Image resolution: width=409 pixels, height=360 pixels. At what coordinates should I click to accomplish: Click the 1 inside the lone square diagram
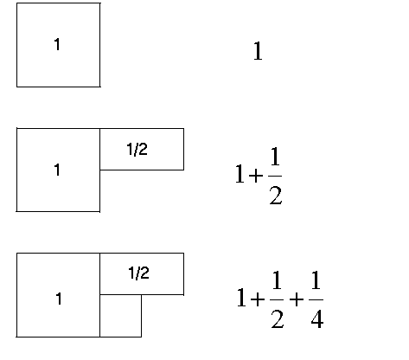57,44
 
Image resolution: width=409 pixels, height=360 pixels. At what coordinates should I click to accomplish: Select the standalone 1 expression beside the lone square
258,51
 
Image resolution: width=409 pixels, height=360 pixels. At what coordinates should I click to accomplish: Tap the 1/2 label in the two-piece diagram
137,149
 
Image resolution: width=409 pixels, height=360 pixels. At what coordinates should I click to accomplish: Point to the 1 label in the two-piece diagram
57,170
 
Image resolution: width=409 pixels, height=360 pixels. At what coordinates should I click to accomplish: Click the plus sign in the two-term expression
256,175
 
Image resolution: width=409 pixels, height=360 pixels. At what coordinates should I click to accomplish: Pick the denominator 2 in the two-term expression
276,196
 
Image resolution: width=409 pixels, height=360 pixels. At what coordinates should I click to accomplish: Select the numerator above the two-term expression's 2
275,156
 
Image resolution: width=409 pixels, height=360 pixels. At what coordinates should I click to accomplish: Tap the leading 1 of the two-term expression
240,174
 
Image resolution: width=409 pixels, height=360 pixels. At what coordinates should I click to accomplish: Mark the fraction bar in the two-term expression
275,176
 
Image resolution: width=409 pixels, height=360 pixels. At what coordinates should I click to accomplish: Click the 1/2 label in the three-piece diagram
138,273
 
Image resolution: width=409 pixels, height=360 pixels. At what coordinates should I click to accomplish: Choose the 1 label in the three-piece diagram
59,299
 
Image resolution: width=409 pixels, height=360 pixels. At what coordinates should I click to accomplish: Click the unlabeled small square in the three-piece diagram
121,316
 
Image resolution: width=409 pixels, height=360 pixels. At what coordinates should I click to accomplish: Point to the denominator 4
317,318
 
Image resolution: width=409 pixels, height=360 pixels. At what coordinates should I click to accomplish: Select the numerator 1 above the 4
316,280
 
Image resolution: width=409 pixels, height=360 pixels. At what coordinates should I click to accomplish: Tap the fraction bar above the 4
316,299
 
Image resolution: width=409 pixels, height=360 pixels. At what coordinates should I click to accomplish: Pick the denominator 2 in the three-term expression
278,318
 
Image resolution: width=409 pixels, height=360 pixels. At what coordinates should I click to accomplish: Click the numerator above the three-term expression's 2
277,280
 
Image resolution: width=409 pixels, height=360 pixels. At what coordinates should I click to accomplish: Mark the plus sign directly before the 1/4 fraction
297,299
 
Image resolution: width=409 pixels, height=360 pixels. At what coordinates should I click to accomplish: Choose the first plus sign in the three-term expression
258,299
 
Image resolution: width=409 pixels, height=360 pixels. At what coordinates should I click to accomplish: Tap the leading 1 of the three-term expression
241,298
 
